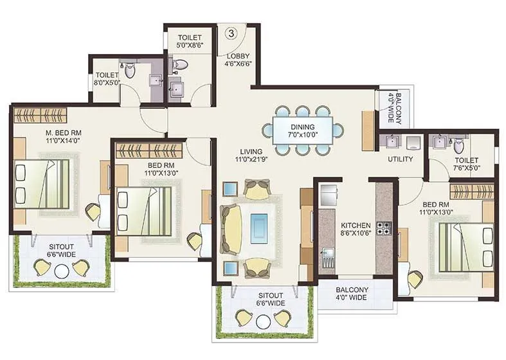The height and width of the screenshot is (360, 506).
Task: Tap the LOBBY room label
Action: pyautogui.click(x=237, y=60)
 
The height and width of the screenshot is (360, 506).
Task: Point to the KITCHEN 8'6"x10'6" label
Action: pyautogui.click(x=356, y=229)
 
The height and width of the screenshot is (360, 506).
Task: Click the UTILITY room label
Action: pyautogui.click(x=399, y=159)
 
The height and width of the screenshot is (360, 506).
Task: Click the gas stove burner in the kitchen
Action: pyautogui.click(x=383, y=228)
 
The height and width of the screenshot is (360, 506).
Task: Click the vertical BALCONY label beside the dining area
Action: pyautogui.click(x=394, y=109)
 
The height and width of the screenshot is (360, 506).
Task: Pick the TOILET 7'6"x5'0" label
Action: pyautogui.click(x=466, y=165)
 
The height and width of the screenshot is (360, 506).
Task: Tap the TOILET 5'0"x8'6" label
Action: pyautogui.click(x=190, y=42)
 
